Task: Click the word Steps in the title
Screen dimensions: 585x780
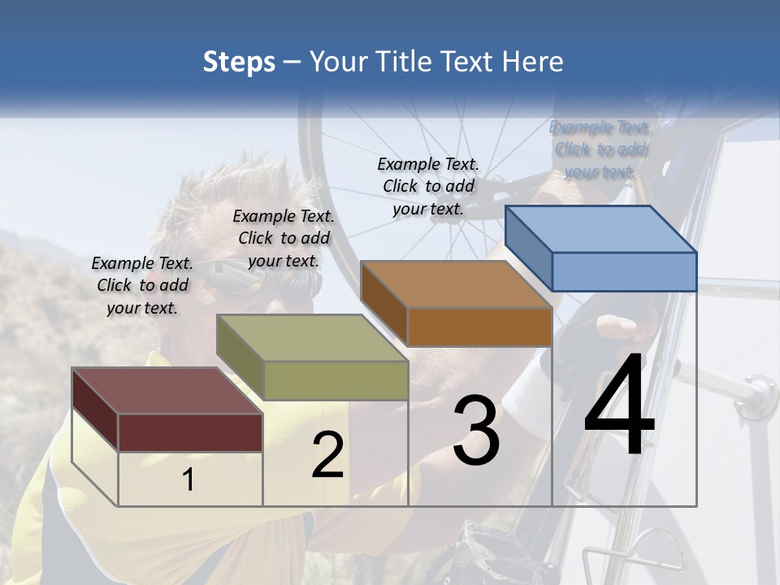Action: tap(239, 62)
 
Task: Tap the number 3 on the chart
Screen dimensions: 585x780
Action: tap(475, 431)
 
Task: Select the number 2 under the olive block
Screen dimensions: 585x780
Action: tap(327, 455)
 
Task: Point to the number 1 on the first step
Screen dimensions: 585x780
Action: tap(188, 480)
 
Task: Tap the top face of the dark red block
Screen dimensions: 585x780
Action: tap(167, 391)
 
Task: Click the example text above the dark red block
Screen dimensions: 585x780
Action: tap(142, 285)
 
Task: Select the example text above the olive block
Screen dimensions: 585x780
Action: tap(284, 238)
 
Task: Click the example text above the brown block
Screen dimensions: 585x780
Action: tap(428, 186)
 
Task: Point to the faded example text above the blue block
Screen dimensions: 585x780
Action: tap(600, 149)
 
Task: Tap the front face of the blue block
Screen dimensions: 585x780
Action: tap(624, 271)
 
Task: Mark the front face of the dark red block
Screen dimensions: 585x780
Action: tap(190, 432)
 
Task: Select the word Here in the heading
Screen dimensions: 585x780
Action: tap(534, 62)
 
